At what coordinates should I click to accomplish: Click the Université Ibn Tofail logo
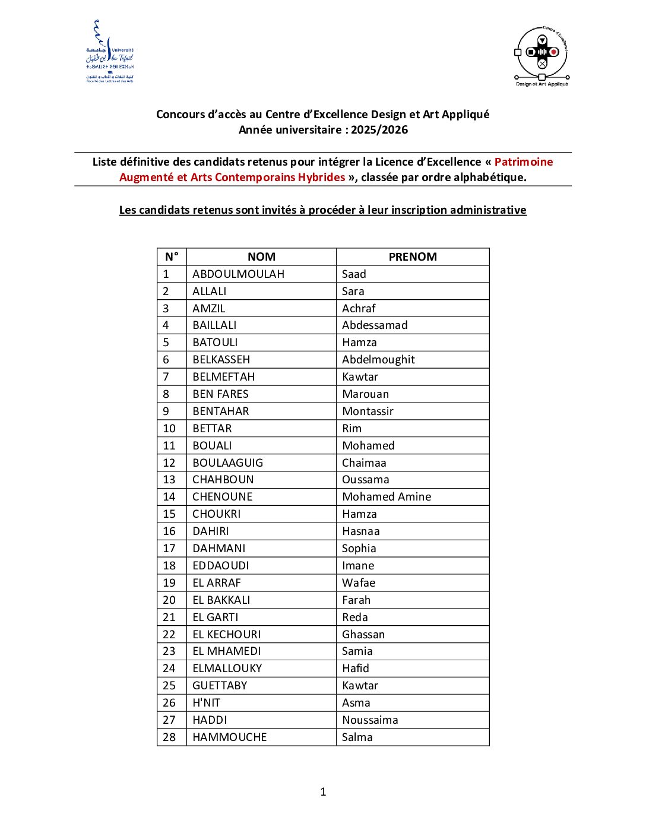tap(110, 52)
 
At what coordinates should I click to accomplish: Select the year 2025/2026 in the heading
tap(379, 130)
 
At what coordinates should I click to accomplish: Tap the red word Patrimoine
tap(523, 162)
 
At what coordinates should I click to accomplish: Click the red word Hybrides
tap(321, 178)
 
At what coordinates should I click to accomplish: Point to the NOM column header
tap(261, 257)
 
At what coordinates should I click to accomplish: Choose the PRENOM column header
tap(413, 257)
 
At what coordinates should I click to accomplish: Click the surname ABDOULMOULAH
tap(238, 274)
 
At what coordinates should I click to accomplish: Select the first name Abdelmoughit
tap(378, 360)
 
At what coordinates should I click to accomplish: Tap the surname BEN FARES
tap(220, 394)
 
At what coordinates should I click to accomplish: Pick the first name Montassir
tap(368, 411)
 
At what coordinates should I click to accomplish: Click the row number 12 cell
tap(169, 463)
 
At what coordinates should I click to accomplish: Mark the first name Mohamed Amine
tap(387, 497)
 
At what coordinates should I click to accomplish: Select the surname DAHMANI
tap(218, 549)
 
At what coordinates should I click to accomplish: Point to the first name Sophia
tap(359, 549)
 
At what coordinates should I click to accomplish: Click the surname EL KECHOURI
tap(226, 635)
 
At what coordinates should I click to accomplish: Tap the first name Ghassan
tap(363, 635)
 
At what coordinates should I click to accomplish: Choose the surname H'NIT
tap(206, 703)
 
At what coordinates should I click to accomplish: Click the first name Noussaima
tap(370, 720)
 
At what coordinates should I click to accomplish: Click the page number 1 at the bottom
tap(323, 792)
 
